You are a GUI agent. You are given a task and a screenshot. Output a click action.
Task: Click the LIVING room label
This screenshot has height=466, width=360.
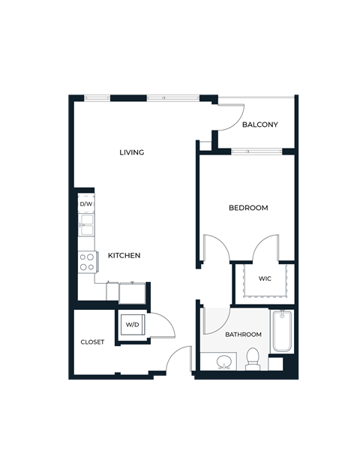point(132,152)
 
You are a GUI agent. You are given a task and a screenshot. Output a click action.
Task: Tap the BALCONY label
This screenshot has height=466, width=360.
point(260,125)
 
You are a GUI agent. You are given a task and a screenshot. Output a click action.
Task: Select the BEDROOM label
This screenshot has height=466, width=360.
point(248,208)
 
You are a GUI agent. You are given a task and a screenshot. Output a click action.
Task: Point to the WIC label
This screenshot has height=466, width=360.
point(265,278)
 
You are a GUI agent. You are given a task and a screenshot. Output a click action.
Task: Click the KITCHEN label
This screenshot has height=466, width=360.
point(124,255)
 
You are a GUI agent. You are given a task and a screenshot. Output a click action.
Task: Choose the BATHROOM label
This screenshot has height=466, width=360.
point(244,334)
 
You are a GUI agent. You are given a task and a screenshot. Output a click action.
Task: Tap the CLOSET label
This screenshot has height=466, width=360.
point(93,342)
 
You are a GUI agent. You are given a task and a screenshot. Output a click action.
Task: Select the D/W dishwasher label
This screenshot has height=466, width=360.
point(86,203)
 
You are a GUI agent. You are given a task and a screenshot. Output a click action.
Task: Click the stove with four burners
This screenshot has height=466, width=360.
point(87,261)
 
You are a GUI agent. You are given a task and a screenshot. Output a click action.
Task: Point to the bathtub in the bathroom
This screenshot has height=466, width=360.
point(282,331)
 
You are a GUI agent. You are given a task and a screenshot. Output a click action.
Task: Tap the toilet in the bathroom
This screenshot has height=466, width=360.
point(253,359)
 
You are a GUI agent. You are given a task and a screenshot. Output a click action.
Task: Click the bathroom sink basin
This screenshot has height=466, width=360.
point(223,363)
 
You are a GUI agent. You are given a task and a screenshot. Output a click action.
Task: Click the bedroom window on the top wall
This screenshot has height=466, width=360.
point(257,152)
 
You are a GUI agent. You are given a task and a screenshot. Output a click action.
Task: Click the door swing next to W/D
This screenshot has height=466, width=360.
point(162,325)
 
